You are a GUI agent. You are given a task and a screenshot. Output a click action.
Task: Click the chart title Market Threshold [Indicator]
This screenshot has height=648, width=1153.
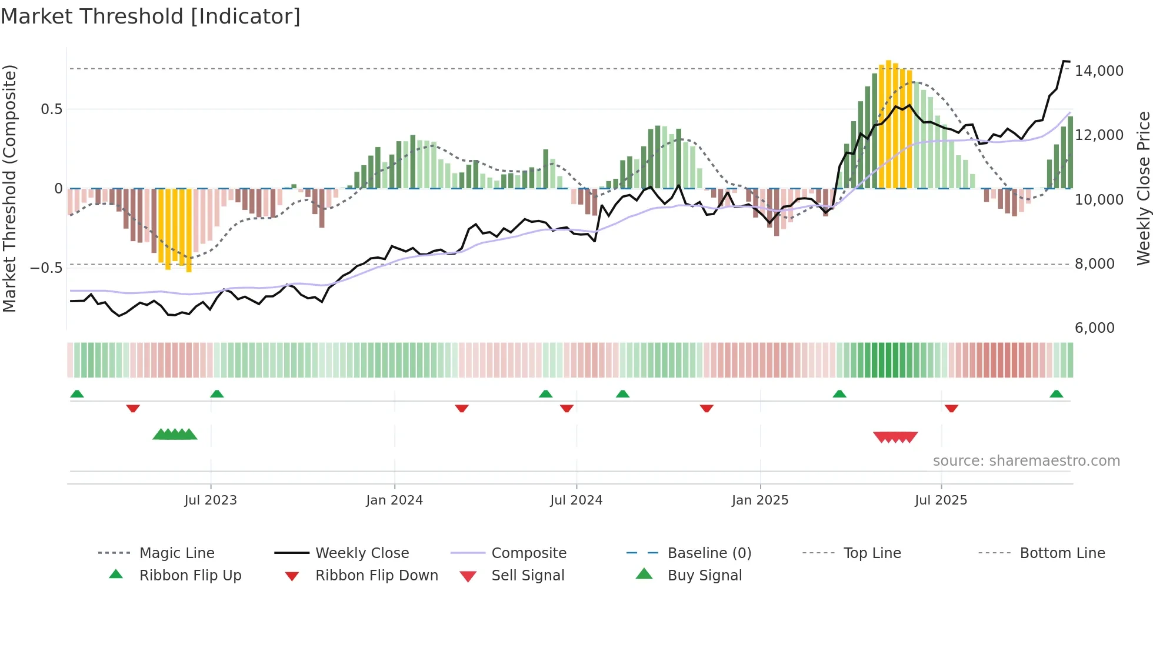tap(151, 16)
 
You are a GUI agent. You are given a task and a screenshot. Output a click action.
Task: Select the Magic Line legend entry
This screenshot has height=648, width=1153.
tap(176, 553)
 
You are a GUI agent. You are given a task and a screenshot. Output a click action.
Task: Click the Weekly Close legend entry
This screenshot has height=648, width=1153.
tap(362, 553)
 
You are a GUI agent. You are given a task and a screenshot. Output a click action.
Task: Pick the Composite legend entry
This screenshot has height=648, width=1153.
tap(528, 553)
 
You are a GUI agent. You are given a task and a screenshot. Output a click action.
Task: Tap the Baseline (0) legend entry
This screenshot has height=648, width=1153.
tap(709, 553)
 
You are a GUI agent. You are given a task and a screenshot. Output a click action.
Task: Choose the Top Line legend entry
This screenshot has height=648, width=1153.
tap(872, 553)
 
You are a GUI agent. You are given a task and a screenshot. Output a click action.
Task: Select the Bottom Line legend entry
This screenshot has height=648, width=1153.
tap(1062, 553)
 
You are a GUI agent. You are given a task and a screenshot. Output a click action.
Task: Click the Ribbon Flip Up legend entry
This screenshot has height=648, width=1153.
tap(190, 575)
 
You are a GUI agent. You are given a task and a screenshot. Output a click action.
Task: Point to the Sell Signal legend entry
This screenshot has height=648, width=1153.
tap(528, 575)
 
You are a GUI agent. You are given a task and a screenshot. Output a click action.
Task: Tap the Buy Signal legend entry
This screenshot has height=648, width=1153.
tap(704, 575)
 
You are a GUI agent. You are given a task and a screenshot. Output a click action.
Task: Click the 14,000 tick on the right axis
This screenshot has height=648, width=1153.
tap(1098, 71)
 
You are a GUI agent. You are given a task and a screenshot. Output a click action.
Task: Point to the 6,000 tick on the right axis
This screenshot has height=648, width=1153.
tap(1094, 328)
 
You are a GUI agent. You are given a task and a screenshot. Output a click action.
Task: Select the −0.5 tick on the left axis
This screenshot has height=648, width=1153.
tap(46, 268)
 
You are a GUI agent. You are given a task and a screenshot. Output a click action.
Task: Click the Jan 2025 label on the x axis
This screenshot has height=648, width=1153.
tap(759, 500)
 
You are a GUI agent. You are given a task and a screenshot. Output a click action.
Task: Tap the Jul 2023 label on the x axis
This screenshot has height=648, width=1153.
tap(210, 500)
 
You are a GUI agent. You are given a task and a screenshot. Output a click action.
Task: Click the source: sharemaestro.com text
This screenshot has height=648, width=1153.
tap(1026, 461)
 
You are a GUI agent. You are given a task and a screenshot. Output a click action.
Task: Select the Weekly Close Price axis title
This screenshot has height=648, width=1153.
tap(1142, 188)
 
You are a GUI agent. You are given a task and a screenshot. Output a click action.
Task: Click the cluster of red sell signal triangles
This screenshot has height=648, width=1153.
tap(895, 437)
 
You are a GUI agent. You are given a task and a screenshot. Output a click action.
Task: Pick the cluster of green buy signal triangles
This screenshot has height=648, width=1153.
tap(175, 435)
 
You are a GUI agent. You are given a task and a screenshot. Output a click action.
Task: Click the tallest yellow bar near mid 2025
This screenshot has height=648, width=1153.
tap(888, 123)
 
